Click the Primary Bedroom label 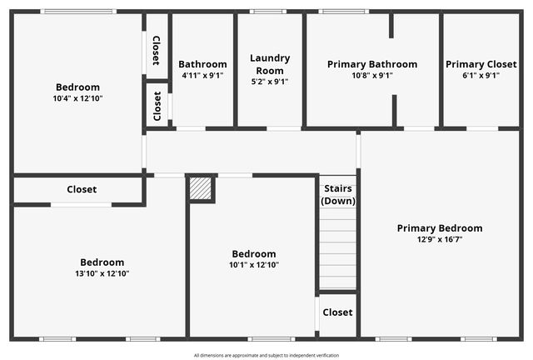439,227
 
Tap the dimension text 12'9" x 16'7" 439,239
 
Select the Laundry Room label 270,64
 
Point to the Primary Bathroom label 372,64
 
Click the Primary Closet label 481,64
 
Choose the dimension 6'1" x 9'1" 481,75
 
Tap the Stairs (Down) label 338,195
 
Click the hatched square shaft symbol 201,188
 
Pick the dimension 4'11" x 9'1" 202,75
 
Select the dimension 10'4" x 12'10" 77,98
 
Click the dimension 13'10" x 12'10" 102,273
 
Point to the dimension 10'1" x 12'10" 254,265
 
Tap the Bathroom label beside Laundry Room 202,64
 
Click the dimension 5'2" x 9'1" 270,82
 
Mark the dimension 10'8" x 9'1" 372,75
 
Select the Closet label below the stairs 337,312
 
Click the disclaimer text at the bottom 266,355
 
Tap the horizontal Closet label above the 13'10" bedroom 82,189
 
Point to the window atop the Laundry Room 268,11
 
